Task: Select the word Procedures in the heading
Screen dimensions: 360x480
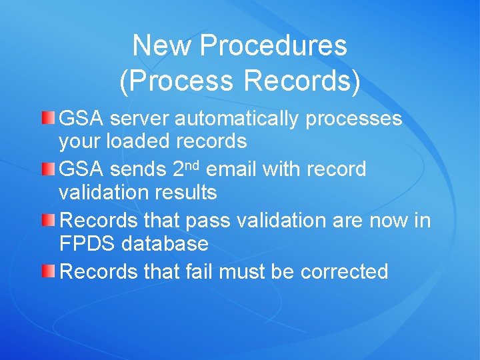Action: coord(273,46)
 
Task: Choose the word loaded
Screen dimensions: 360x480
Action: coord(143,142)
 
